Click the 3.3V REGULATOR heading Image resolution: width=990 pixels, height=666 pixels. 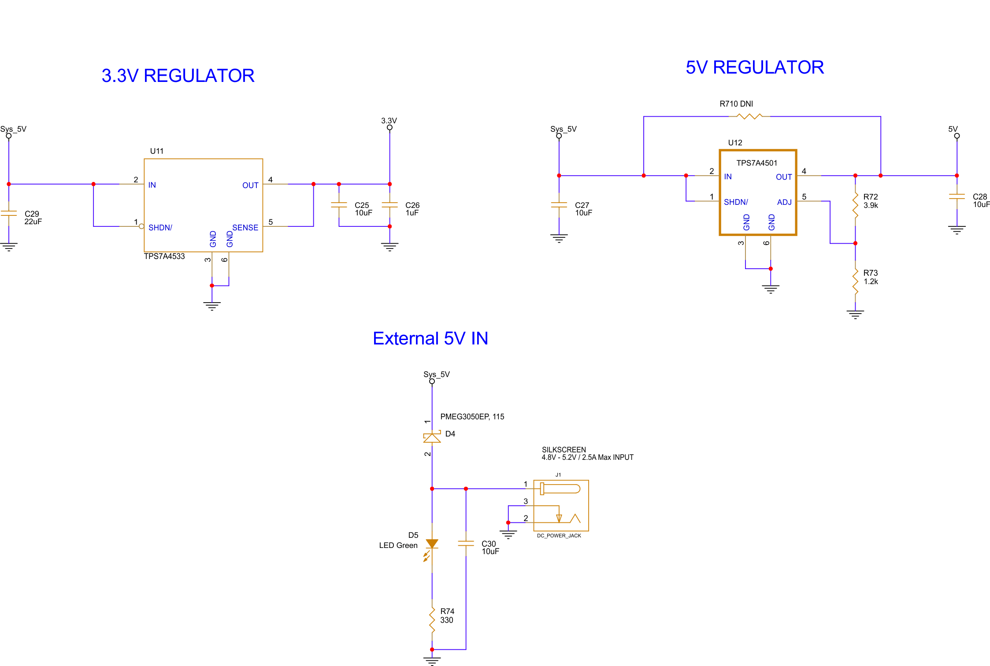click(178, 76)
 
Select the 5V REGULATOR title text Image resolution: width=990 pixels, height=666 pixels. click(754, 67)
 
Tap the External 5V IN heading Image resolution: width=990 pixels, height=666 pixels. click(430, 338)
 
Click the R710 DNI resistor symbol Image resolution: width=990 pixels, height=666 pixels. click(749, 116)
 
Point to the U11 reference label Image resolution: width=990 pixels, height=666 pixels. click(156, 151)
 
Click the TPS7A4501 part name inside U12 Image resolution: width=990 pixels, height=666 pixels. click(756, 163)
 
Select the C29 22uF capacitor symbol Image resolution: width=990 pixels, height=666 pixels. click(9, 213)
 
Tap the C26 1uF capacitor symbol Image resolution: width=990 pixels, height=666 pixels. click(389, 205)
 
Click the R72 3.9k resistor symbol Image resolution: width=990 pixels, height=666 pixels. click(855, 205)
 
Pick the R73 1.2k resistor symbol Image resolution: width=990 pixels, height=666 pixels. click(855, 281)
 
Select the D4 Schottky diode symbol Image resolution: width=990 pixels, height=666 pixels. click(432, 437)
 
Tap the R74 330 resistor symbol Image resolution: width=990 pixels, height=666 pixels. click(432, 619)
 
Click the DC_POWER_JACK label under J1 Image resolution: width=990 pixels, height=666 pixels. click(559, 536)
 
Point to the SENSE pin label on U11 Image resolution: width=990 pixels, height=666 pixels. click(245, 228)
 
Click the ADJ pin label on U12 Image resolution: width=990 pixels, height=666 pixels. click(784, 202)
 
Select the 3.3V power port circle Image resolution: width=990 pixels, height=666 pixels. click(389, 128)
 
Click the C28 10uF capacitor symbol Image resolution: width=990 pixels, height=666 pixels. click(957, 196)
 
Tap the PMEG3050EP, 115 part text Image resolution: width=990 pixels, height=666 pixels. click(472, 417)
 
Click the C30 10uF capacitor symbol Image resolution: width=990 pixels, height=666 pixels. click(466, 544)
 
